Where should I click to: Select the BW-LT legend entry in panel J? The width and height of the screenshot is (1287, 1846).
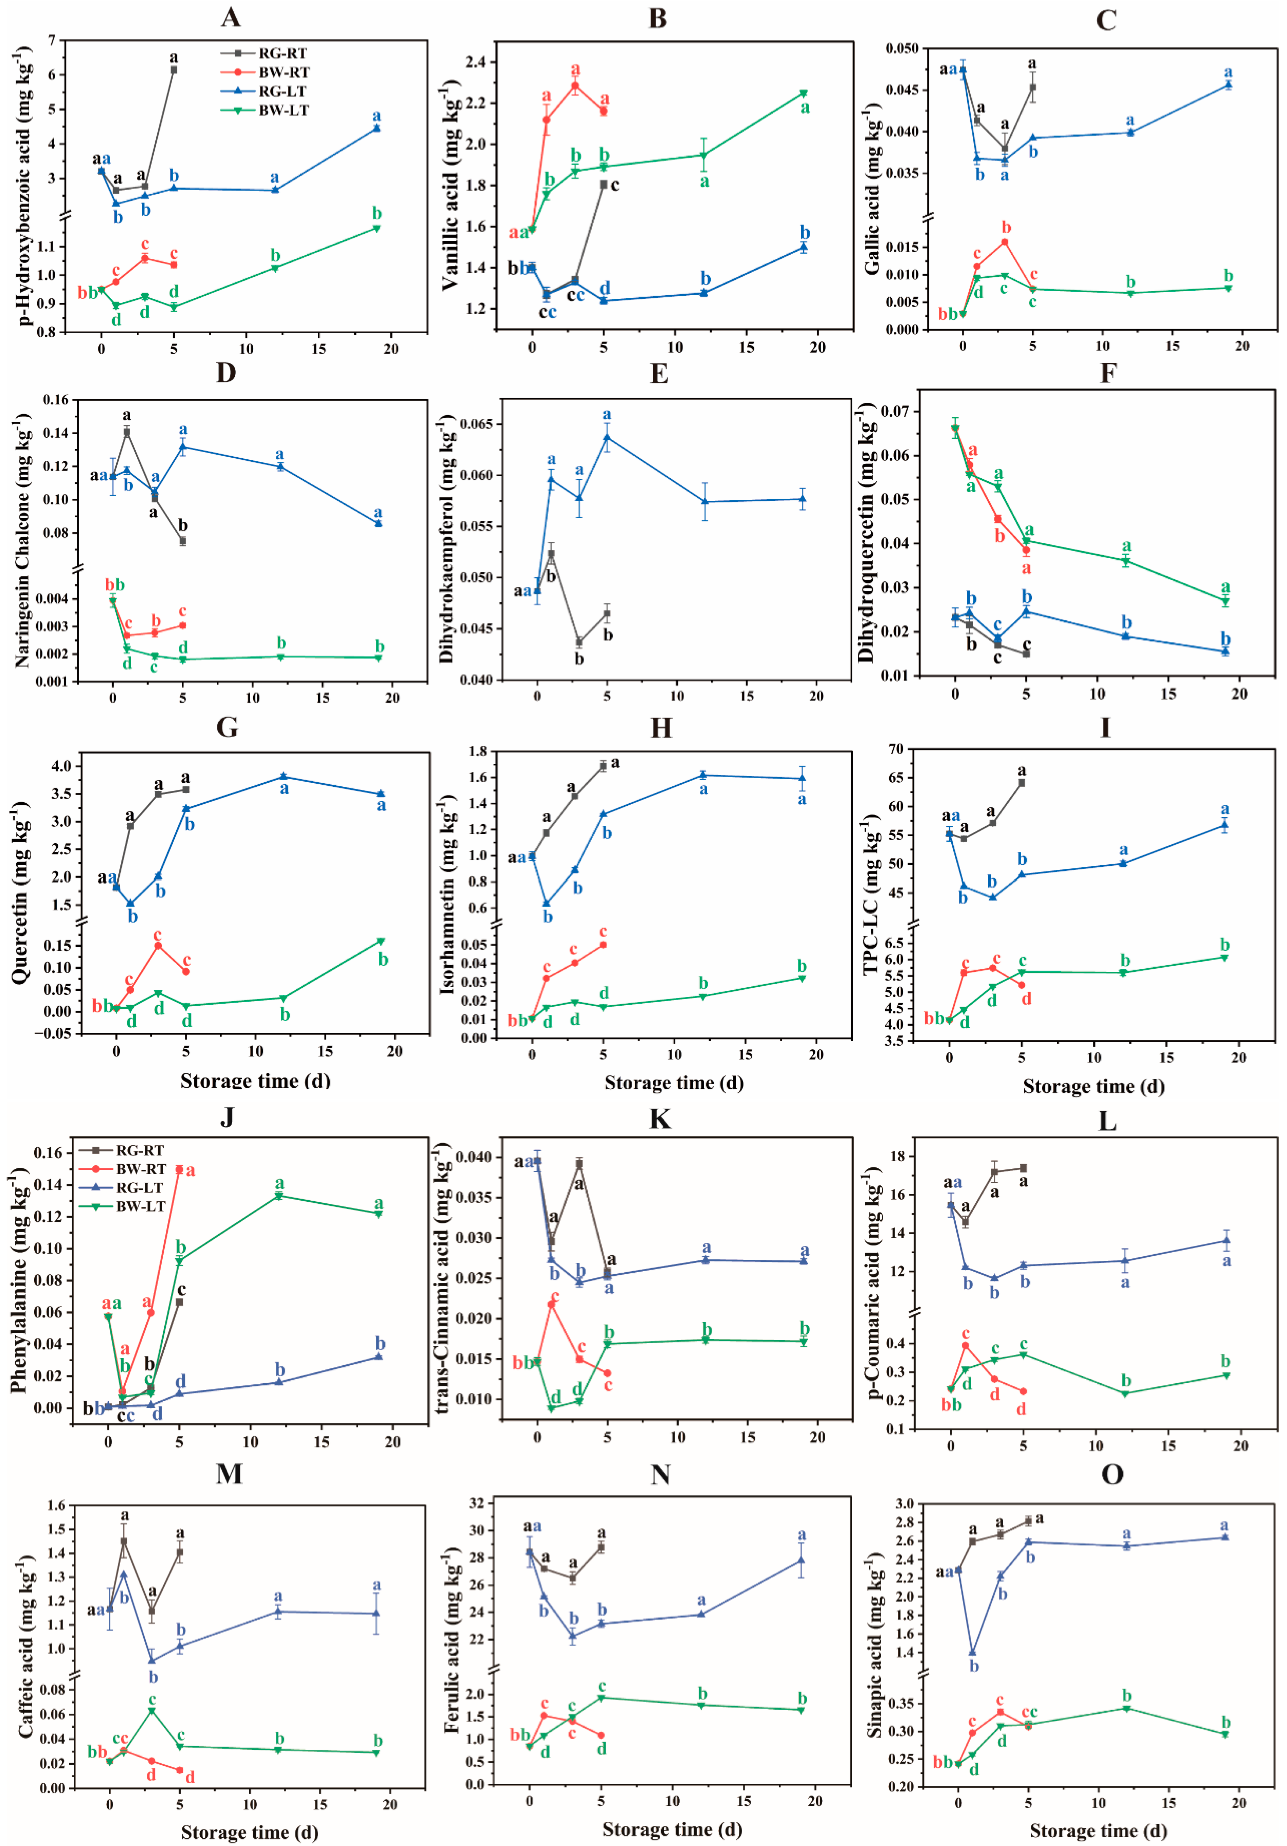point(140,1206)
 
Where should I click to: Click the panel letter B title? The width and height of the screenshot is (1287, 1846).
point(657,18)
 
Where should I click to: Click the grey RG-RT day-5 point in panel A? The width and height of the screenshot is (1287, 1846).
point(173,70)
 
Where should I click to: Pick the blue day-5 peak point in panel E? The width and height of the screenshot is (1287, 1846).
point(607,437)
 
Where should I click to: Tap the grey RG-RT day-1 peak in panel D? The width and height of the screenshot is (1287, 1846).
point(127,432)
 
